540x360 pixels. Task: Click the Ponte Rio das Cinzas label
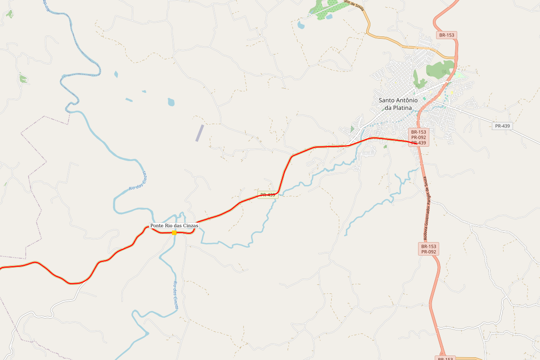174,225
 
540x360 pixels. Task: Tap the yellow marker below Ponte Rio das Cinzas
174,232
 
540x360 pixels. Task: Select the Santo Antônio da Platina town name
398,104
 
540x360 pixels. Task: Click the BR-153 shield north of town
447,35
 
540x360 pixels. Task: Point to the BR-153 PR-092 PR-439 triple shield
418,137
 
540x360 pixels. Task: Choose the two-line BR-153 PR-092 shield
428,249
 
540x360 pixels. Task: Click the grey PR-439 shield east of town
502,126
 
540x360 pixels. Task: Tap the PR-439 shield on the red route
268,195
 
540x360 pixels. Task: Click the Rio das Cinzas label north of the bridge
138,182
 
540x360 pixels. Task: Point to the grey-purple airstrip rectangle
199,133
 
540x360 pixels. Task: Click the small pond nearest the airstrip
171,102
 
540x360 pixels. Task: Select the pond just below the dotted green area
301,25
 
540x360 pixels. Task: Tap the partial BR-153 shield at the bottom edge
445,358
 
